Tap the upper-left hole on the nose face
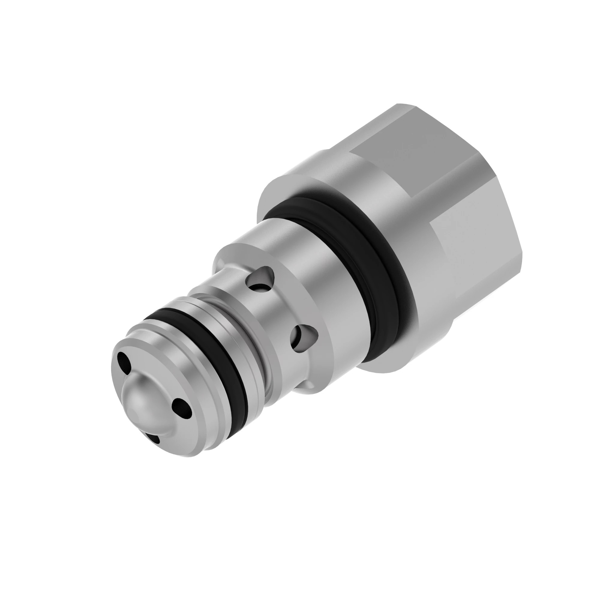click(124, 361)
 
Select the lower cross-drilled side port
click(303, 337)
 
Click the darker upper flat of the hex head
click(413, 136)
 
